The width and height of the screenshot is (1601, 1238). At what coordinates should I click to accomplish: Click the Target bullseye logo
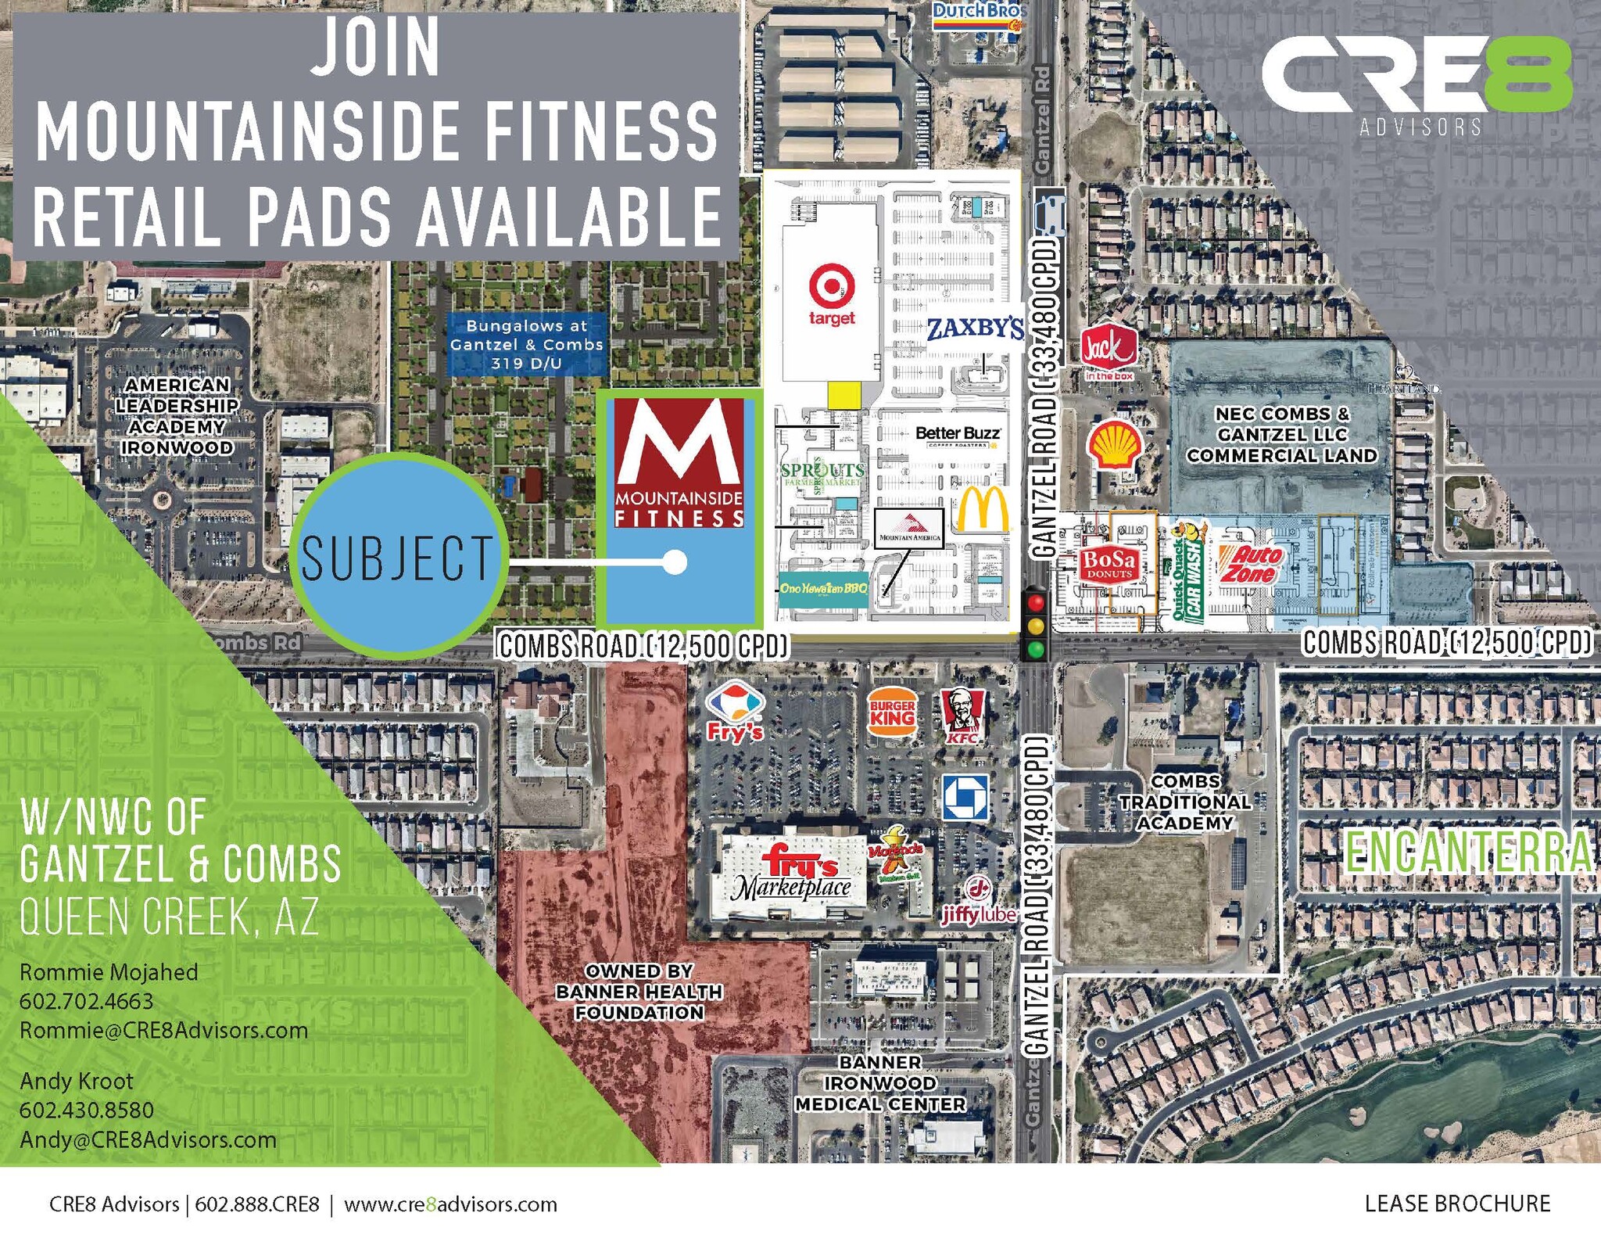pyautogui.click(x=831, y=285)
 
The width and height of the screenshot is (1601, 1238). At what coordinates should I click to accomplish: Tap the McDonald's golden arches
pyautogui.click(x=982, y=510)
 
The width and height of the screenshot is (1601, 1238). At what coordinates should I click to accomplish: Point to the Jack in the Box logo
pyautogui.click(x=1109, y=350)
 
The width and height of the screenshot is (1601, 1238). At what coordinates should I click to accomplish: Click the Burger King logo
pyautogui.click(x=892, y=712)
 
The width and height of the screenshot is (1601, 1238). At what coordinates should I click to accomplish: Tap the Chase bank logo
pyautogui.click(x=965, y=797)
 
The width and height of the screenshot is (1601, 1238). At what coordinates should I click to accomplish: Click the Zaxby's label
pyautogui.click(x=975, y=328)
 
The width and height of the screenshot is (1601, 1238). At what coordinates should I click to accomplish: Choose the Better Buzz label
pyautogui.click(x=958, y=434)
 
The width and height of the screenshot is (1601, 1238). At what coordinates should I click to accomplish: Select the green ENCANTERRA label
pyautogui.click(x=1468, y=852)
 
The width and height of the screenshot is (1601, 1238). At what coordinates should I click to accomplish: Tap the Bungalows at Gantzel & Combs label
pyautogui.click(x=526, y=344)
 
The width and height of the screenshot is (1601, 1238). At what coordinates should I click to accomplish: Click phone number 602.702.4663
pyautogui.click(x=86, y=1001)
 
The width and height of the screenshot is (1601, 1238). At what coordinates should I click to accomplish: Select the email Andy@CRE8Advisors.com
pyautogui.click(x=148, y=1139)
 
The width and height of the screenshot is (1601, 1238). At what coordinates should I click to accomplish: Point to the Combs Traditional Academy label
pyautogui.click(x=1184, y=802)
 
